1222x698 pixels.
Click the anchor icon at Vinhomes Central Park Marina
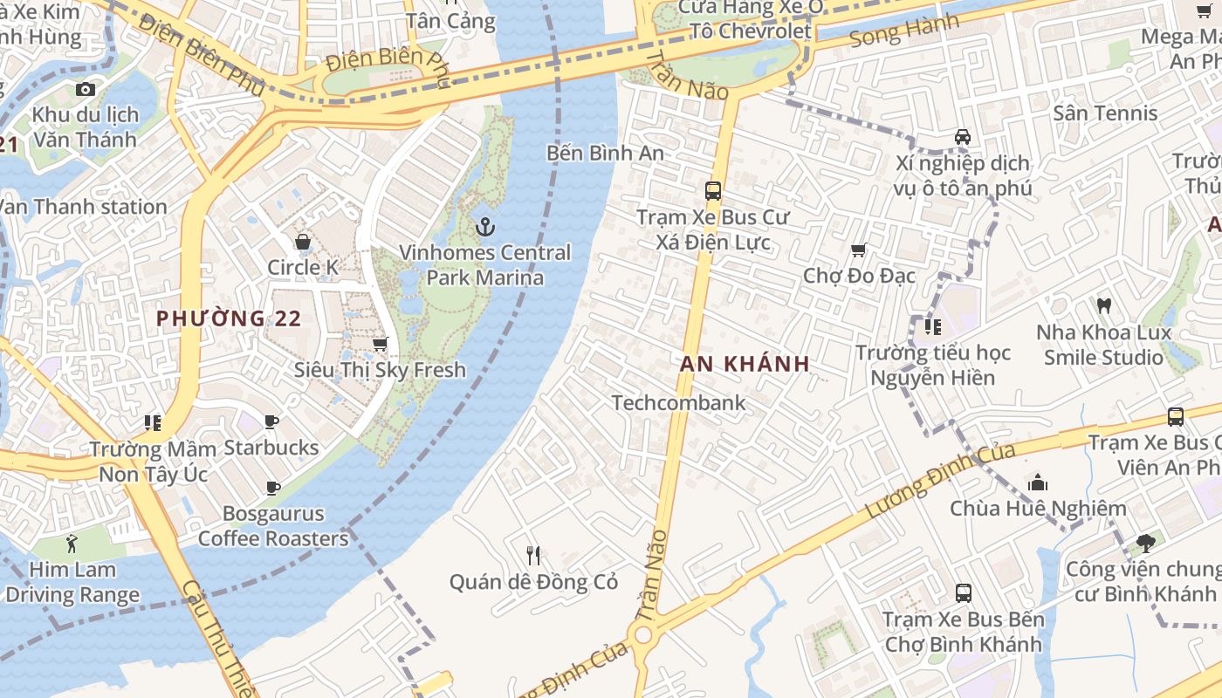point(484,228)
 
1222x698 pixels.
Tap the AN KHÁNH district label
point(745,364)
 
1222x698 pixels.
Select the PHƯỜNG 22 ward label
point(229,318)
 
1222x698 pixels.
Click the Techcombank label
point(678,402)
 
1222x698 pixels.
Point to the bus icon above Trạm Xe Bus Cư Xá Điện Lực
point(713,191)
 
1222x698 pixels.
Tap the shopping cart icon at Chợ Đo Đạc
point(859,250)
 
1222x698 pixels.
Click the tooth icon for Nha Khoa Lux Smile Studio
point(1103,306)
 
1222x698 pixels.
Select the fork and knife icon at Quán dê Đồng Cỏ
point(533,555)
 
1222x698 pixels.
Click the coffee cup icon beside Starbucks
point(271,422)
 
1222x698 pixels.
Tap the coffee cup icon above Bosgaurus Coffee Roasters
point(273,488)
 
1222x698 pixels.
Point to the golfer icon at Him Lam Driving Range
point(72,544)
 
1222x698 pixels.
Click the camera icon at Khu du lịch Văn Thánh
point(85,89)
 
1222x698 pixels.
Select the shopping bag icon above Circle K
point(303,242)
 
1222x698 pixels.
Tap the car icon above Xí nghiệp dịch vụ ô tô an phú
point(963,137)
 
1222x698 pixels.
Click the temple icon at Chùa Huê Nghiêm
point(1037,482)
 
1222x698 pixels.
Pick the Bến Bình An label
point(605,153)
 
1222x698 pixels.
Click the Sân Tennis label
point(1105,113)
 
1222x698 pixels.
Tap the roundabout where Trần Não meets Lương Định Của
point(644,633)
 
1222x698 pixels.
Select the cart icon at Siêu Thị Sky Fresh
point(380,345)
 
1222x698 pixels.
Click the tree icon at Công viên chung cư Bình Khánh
point(1145,544)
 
